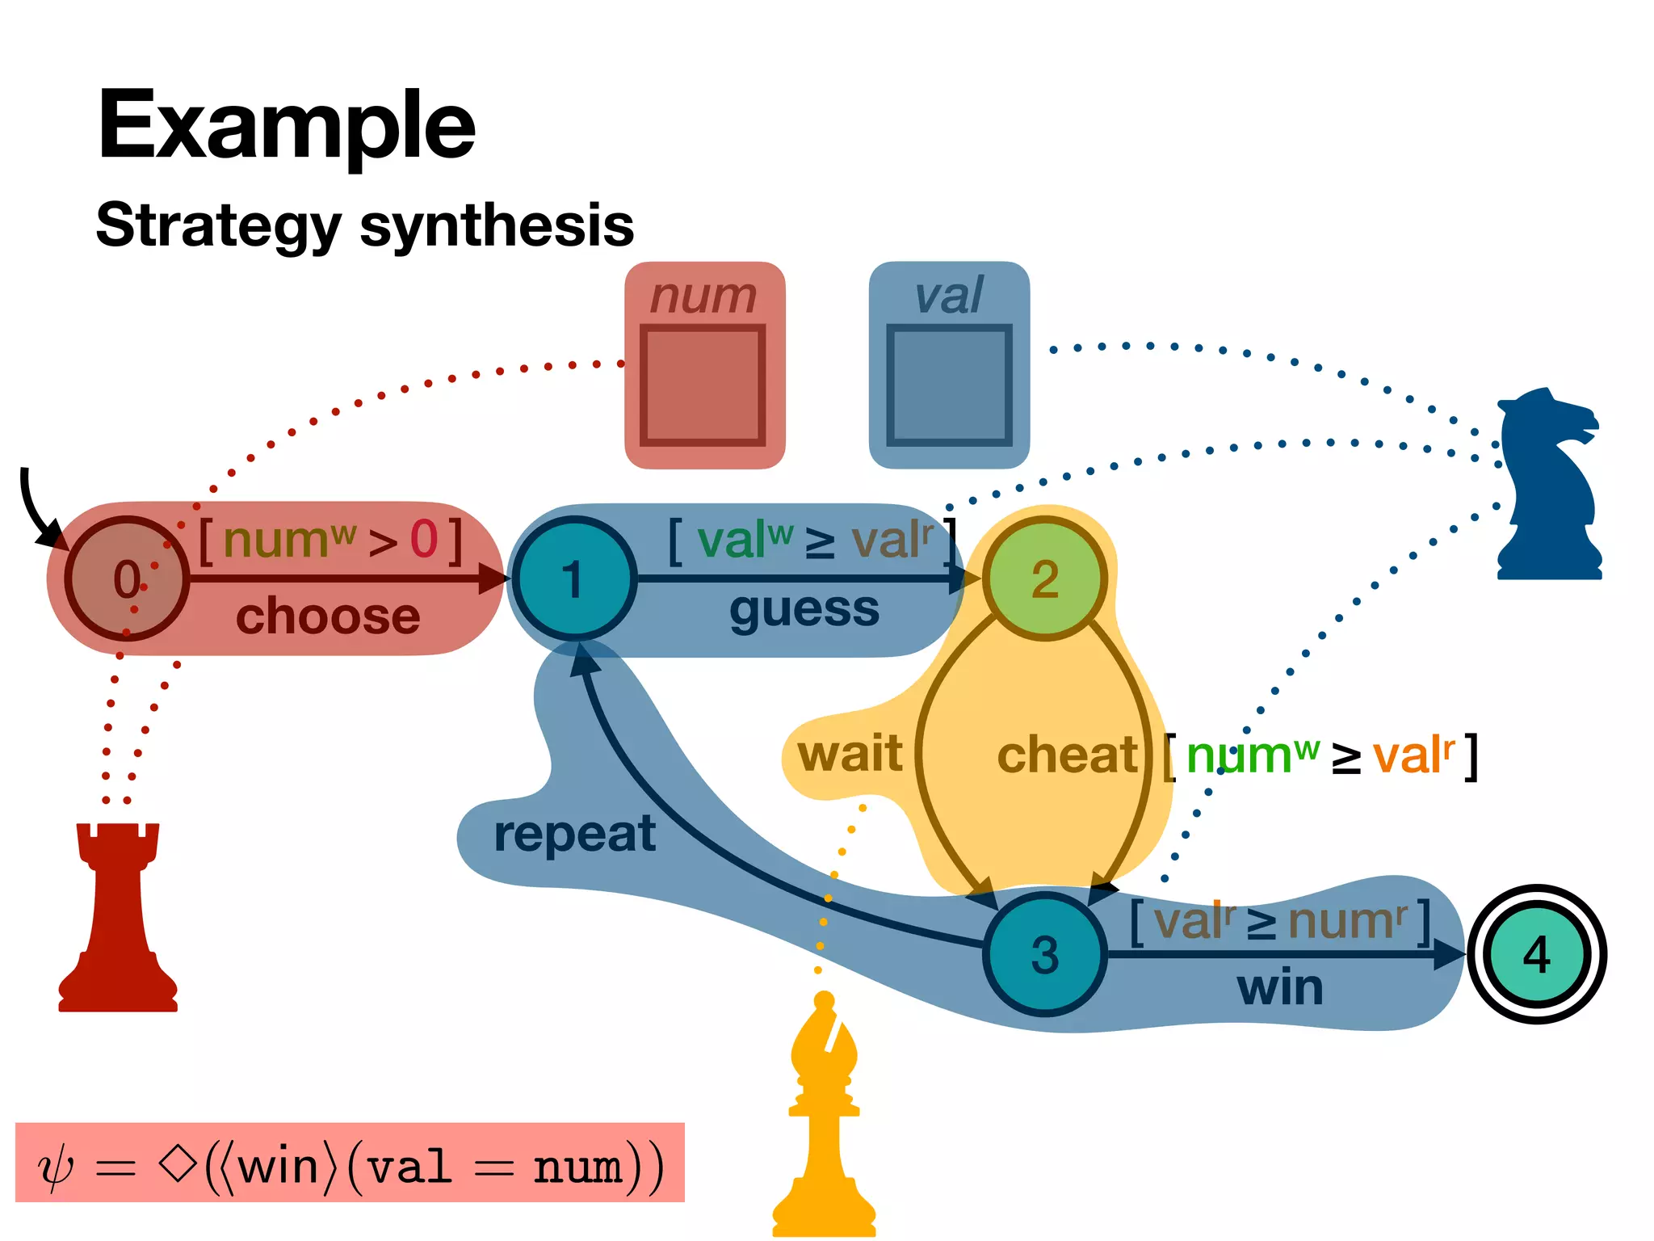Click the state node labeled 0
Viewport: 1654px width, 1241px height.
tap(127, 578)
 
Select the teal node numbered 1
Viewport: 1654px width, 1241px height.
tap(574, 578)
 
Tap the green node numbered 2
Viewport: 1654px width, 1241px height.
tap(1044, 578)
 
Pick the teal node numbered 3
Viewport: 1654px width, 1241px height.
tap(1044, 954)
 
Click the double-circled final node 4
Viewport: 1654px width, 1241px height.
tap(1536, 954)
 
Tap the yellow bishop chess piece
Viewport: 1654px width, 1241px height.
tap(824, 1123)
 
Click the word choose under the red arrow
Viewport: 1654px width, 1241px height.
tap(328, 616)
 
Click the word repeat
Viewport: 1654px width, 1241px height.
tap(574, 834)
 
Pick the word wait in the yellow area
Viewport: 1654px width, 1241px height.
tap(850, 753)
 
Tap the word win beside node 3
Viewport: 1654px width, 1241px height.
tap(1280, 987)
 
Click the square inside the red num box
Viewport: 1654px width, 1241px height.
tap(703, 385)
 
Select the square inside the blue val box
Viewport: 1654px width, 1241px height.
tap(949, 385)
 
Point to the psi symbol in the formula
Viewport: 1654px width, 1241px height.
tap(56, 1168)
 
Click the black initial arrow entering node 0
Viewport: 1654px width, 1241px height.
tap(36, 509)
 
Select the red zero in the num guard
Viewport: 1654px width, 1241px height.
tap(424, 540)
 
